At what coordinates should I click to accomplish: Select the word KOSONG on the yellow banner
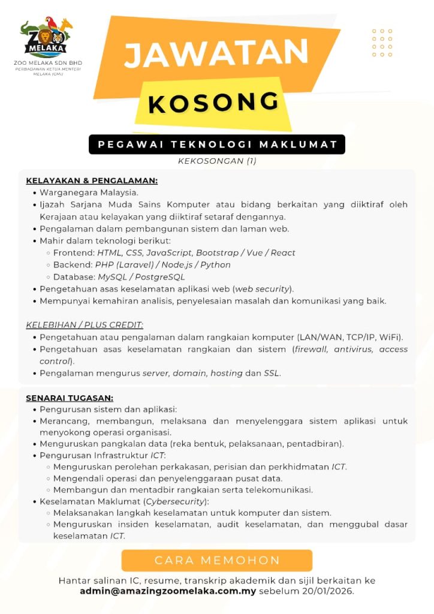pos(213,102)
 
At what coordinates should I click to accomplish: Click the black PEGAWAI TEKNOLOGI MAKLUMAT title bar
pos(217,145)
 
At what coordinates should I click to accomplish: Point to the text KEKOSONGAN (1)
pos(217,161)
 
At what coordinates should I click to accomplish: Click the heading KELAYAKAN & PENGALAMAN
pos(92,180)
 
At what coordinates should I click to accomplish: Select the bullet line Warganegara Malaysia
pos(89,192)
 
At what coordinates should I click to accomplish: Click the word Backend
pos(72,264)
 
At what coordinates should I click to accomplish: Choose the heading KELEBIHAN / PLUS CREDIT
pos(85,325)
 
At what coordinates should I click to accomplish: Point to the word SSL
pos(272,373)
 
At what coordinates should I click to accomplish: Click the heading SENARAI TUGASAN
pos(70,398)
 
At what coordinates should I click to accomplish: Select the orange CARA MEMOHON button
pos(217,561)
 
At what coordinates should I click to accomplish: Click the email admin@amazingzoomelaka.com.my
pos(168,591)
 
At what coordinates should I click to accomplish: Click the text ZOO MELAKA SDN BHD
pos(48,63)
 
